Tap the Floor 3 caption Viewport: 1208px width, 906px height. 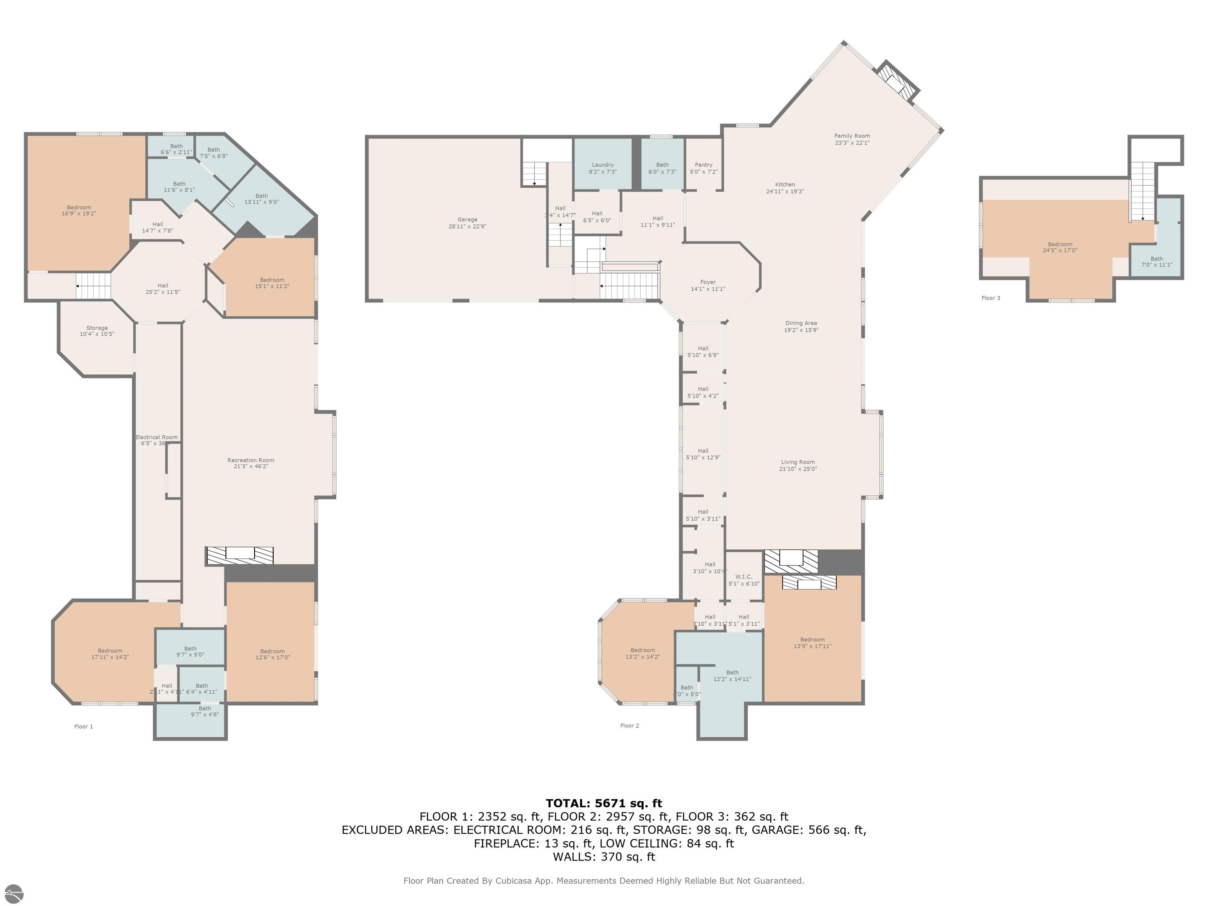pyautogui.click(x=991, y=298)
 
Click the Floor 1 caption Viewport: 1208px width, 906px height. pyautogui.click(x=83, y=726)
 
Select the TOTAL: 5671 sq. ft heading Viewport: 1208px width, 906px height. pyautogui.click(x=604, y=803)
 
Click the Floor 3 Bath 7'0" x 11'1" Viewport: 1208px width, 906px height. pyautogui.click(x=1156, y=261)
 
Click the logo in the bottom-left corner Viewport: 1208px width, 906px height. pyautogui.click(x=14, y=894)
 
